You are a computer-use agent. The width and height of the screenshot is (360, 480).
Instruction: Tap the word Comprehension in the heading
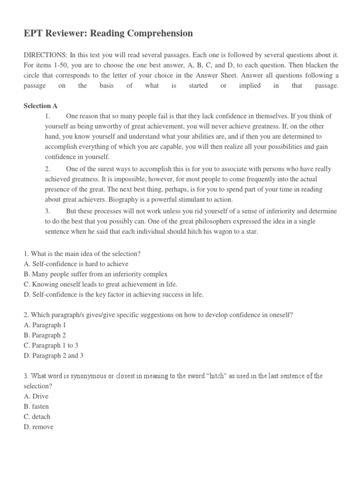pyautogui.click(x=158, y=33)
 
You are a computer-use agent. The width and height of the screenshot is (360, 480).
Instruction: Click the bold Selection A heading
pyautogui.click(x=41, y=106)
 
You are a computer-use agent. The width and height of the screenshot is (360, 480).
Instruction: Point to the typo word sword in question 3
pyautogui.click(x=214, y=376)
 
